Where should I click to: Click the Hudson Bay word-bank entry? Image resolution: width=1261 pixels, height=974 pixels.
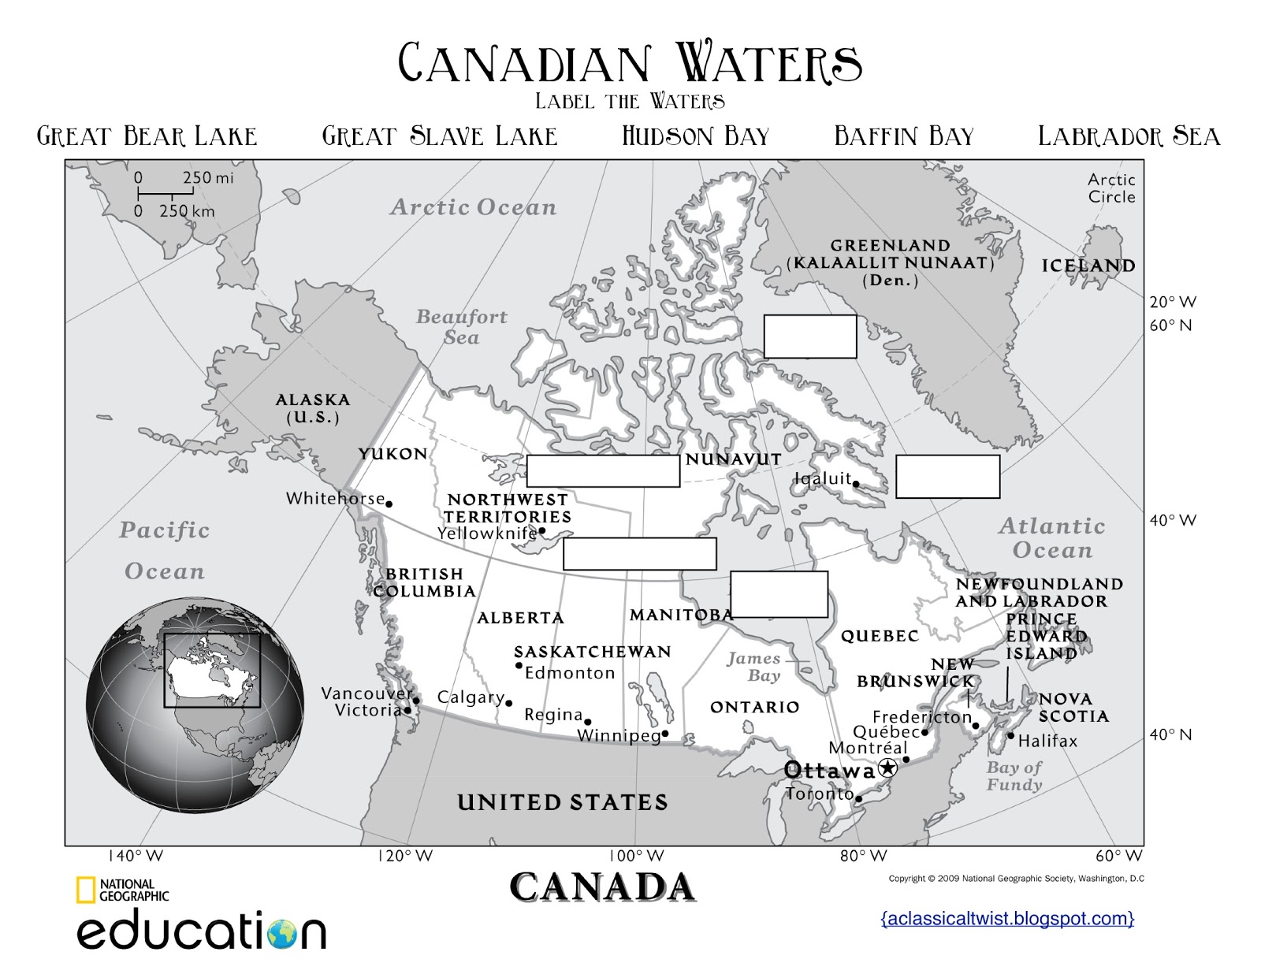click(x=695, y=136)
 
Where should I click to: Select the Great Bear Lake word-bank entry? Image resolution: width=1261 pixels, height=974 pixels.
click(x=147, y=136)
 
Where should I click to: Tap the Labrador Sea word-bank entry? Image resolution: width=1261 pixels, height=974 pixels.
click(x=1129, y=136)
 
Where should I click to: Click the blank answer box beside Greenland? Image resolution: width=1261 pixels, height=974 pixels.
click(x=809, y=336)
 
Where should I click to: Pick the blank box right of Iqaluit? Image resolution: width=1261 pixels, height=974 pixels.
click(x=947, y=476)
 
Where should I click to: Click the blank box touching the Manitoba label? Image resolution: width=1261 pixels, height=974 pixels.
click(x=779, y=594)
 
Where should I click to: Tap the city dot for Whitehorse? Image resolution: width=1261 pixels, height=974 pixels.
click(x=389, y=504)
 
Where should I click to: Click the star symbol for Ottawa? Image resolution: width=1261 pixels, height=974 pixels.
click(x=887, y=768)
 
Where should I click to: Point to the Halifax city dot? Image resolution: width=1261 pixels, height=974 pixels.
click(x=1010, y=735)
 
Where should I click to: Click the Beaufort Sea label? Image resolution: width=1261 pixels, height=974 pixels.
click(x=461, y=327)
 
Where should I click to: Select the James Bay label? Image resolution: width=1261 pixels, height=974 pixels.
click(x=754, y=667)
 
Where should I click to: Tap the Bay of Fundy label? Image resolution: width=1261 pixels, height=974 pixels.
click(x=1014, y=775)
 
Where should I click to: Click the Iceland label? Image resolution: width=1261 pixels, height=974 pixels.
click(x=1088, y=266)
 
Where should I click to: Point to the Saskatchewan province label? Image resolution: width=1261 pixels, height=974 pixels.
click(x=593, y=652)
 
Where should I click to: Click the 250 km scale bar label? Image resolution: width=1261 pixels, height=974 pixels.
click(x=187, y=211)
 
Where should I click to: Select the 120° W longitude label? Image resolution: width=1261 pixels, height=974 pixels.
click(x=405, y=857)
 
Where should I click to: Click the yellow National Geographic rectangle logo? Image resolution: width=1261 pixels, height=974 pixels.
click(x=86, y=890)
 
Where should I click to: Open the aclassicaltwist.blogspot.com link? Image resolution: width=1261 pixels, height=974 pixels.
click(x=1007, y=918)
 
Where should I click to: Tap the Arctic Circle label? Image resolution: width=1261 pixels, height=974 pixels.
click(x=1111, y=188)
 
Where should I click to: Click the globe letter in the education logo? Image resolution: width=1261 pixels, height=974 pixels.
click(x=282, y=933)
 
